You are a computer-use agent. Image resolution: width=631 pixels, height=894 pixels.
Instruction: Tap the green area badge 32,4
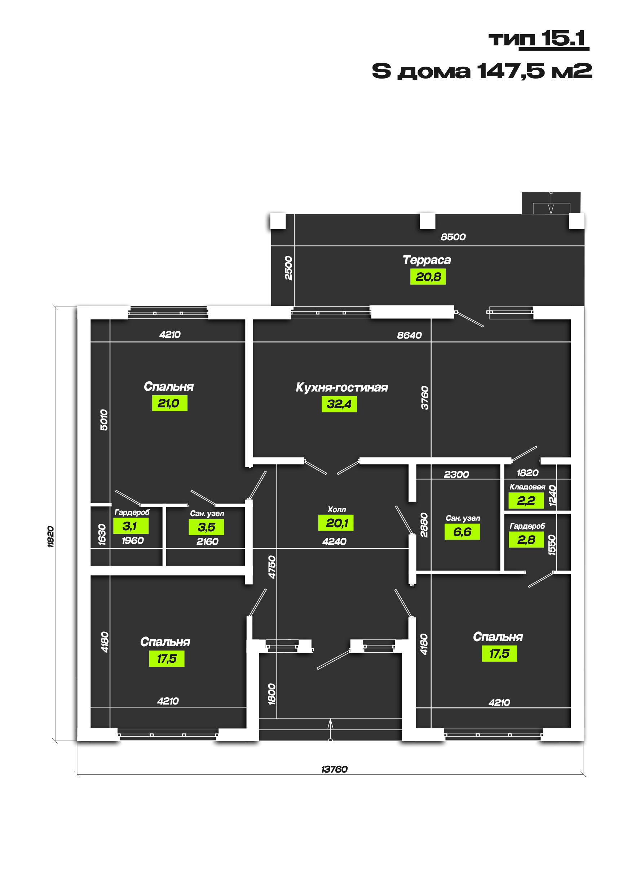[339, 404]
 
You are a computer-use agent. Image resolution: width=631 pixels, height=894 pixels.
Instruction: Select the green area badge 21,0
[169, 403]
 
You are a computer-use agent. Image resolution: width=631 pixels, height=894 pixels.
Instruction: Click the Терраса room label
[427, 260]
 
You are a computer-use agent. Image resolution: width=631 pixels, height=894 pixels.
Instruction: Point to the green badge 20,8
[428, 277]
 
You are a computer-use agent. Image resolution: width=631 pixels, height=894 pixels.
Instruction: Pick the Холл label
[337, 509]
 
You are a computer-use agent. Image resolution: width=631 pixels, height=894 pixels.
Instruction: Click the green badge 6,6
[462, 532]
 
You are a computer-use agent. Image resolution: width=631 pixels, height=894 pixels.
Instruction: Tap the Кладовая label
[527, 487]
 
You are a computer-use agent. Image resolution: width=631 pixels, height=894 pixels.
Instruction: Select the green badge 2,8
[526, 540]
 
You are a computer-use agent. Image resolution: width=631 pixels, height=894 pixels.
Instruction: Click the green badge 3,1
[131, 526]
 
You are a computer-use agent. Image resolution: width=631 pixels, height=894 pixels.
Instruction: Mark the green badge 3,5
[206, 527]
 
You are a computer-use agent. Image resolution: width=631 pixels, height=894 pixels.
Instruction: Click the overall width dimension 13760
[334, 769]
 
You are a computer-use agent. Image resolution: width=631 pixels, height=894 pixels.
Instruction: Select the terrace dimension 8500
[453, 237]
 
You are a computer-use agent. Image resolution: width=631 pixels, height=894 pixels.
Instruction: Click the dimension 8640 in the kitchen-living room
[409, 335]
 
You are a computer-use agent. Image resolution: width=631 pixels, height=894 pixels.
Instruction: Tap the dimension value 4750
[272, 567]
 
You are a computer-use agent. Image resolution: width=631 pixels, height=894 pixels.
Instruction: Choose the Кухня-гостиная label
[342, 388]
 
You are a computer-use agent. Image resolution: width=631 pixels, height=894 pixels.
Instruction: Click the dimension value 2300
[456, 474]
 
